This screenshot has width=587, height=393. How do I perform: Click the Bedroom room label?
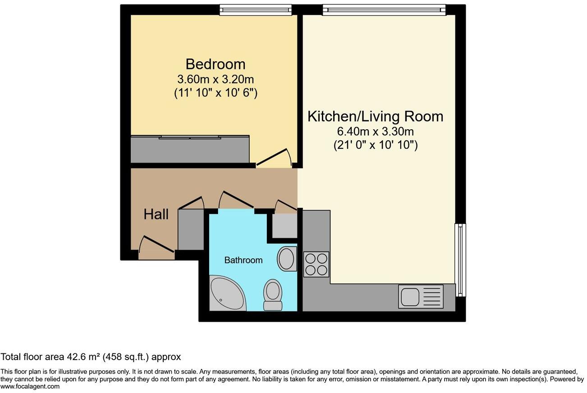click(x=216, y=64)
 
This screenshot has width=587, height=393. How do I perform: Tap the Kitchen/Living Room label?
click(x=375, y=116)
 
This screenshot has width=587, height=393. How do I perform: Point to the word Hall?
click(x=156, y=214)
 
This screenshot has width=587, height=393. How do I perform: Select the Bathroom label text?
click(x=243, y=260)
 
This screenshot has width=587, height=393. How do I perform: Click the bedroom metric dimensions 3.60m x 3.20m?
click(x=216, y=79)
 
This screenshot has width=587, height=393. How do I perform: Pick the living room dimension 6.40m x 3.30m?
click(x=375, y=131)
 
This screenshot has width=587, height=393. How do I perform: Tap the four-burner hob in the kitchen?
click(x=316, y=265)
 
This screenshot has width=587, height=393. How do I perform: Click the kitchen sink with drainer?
click(x=421, y=297)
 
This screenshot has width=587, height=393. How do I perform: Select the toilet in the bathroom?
click(x=273, y=295)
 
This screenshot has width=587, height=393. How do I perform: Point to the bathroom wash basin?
click(x=287, y=259)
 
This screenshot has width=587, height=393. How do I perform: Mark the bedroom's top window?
click(x=256, y=10)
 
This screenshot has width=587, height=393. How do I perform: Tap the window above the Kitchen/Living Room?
click(x=384, y=10)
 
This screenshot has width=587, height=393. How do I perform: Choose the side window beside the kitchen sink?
click(x=460, y=260)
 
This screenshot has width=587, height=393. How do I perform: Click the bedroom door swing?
click(x=274, y=157)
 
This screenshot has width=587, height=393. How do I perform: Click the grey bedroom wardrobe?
click(x=190, y=149)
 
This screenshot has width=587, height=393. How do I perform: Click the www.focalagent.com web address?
click(x=30, y=386)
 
